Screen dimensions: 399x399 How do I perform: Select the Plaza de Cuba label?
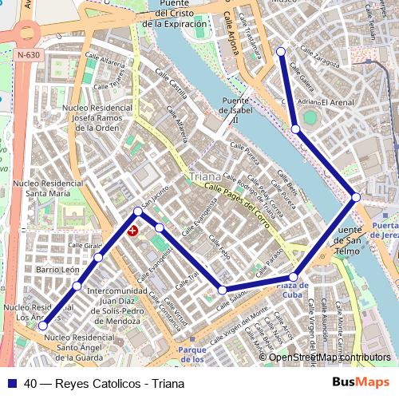(293, 290)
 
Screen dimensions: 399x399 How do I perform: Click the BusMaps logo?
(361, 383)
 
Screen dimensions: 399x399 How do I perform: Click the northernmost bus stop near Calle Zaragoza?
(281, 52)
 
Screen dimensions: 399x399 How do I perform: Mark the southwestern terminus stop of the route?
(42, 326)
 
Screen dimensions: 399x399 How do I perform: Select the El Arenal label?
(338, 103)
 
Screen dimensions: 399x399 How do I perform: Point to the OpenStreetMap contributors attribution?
(330, 358)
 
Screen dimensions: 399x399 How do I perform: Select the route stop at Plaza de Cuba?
(294, 277)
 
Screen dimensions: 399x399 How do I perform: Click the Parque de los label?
(192, 354)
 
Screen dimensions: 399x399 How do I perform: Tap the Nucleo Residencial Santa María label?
(48, 188)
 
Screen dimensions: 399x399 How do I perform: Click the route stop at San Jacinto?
(138, 211)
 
